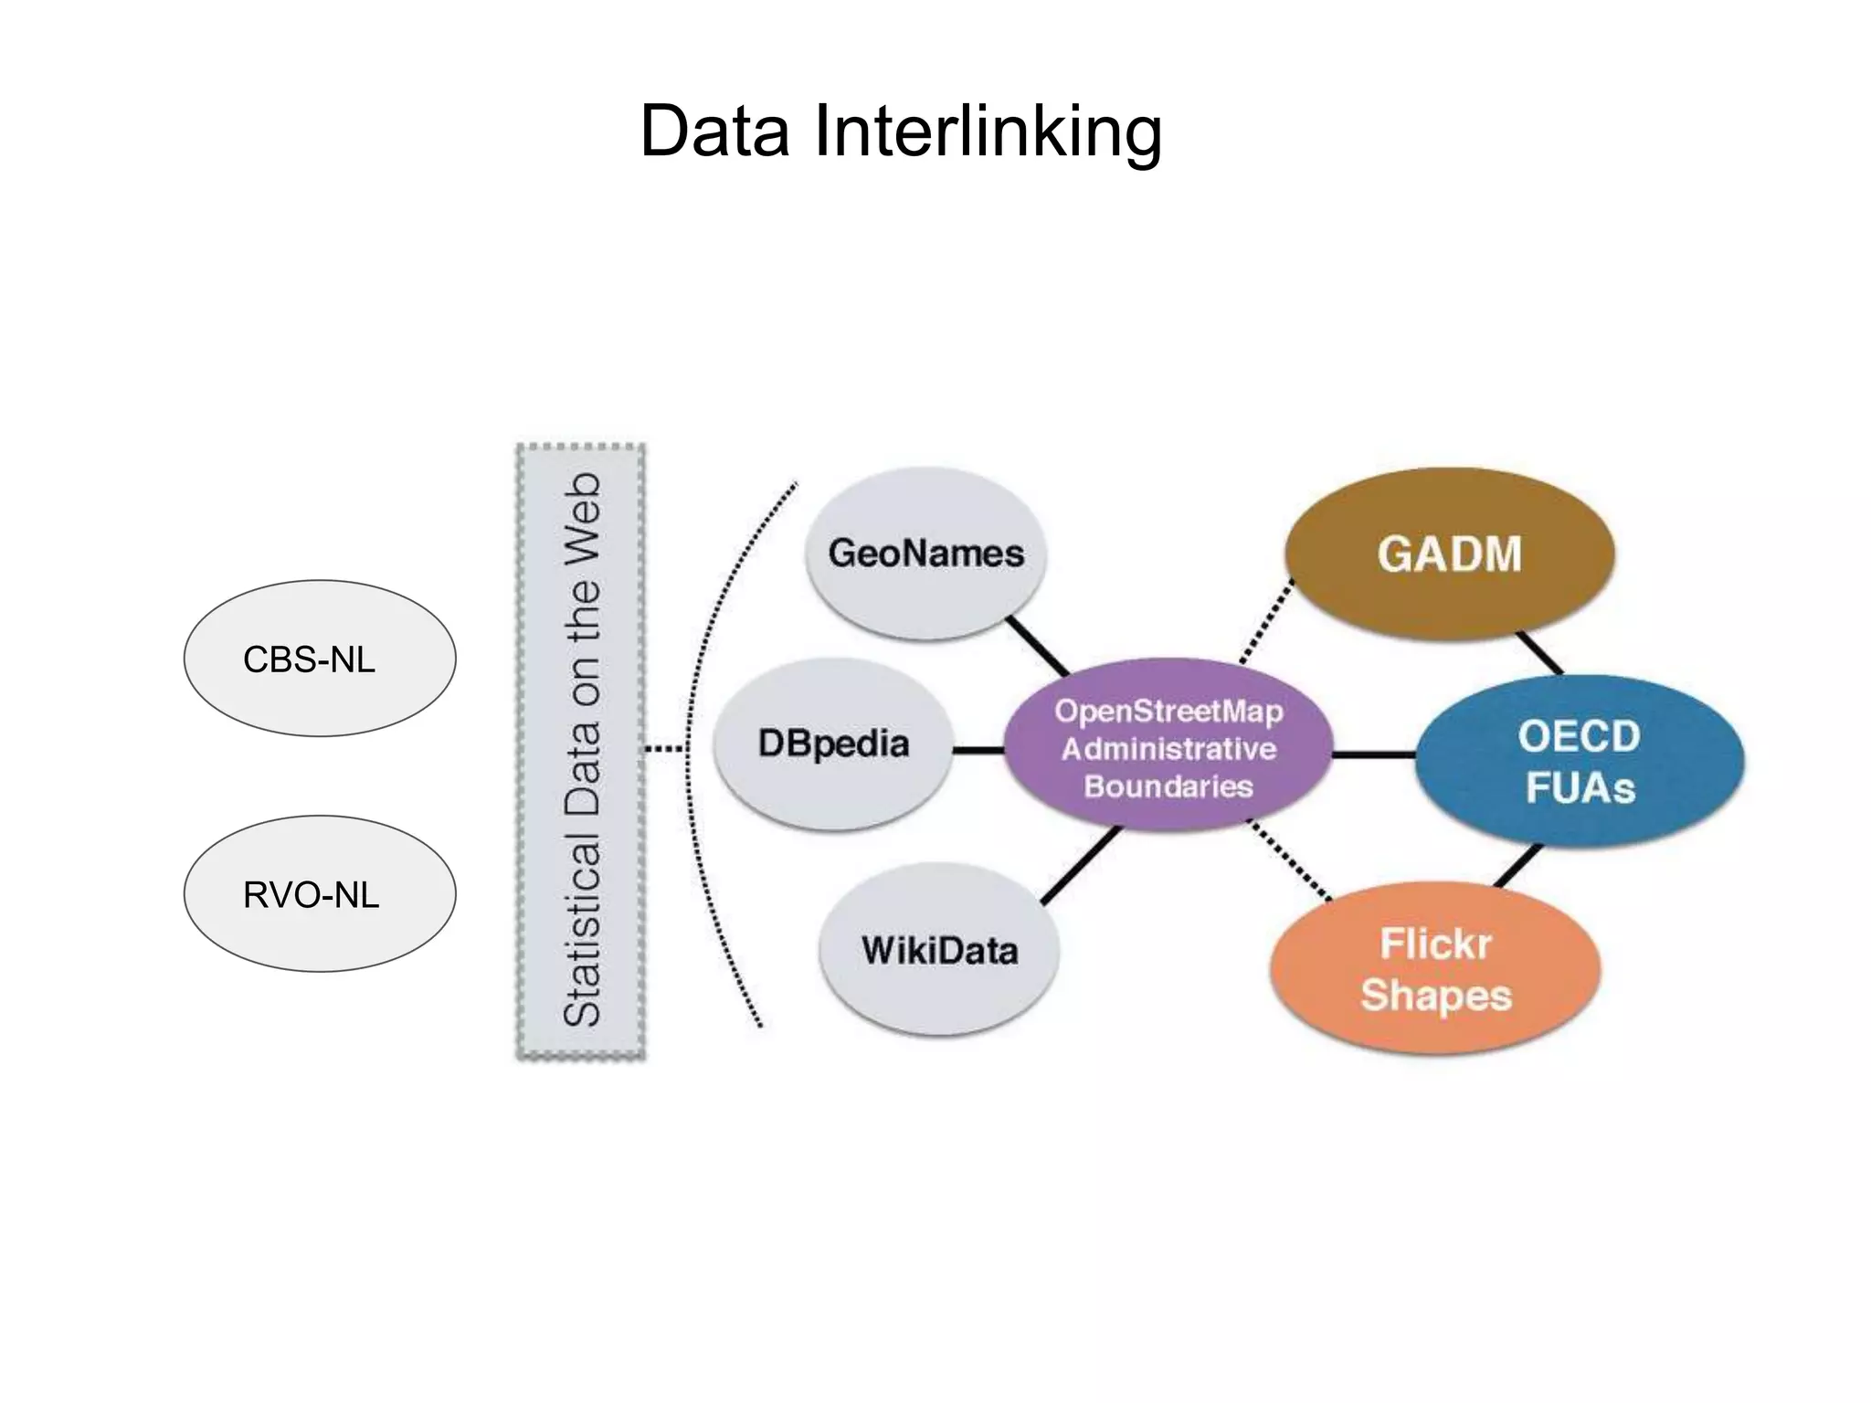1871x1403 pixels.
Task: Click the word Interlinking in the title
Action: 988,131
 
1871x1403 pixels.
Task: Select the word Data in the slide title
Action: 714,131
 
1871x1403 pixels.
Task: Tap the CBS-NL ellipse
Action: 319,659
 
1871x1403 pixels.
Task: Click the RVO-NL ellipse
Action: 319,894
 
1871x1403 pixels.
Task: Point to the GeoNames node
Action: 925,554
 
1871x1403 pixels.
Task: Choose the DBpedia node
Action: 833,744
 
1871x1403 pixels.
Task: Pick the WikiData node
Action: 939,950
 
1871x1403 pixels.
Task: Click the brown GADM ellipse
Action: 1449,554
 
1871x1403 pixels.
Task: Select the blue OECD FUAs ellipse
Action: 1579,762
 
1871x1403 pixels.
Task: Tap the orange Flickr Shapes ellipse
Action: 1434,968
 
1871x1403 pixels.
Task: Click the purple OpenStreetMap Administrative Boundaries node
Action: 1168,747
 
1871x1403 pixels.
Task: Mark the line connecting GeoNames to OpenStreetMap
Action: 1037,647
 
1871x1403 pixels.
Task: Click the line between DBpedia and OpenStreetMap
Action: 978,750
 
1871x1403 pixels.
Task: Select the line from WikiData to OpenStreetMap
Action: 1081,865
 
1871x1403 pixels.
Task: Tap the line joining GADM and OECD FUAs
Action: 1539,653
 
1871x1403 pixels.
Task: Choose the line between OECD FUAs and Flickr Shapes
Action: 1518,866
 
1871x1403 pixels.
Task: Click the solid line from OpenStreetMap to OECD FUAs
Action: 1373,755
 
